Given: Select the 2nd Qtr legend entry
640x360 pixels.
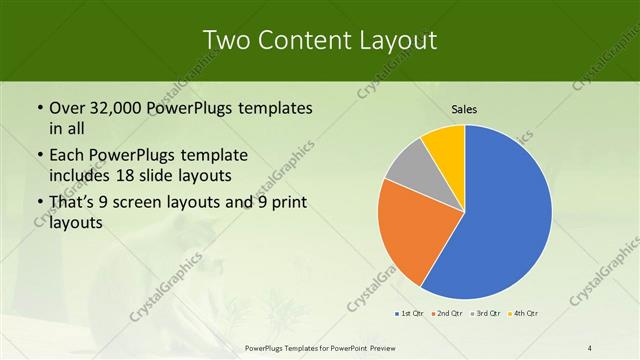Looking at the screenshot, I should (449, 313).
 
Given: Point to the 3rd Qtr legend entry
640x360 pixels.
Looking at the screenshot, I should (486, 313).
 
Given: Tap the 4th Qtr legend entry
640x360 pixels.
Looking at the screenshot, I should (524, 313).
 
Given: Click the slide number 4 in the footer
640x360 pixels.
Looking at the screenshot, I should (590, 347).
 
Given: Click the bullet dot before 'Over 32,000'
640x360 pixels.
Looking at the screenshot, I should (38, 108).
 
